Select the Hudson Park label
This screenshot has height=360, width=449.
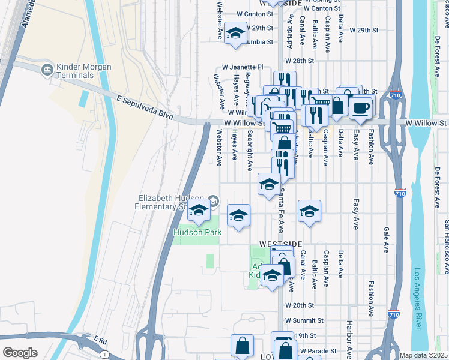(197, 232)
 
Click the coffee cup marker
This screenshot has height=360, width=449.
(360, 109)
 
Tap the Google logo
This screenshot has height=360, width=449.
(20, 353)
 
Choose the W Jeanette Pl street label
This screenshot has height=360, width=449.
(243, 67)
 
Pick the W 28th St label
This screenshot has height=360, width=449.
(300, 61)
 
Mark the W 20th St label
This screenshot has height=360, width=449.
(300, 305)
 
